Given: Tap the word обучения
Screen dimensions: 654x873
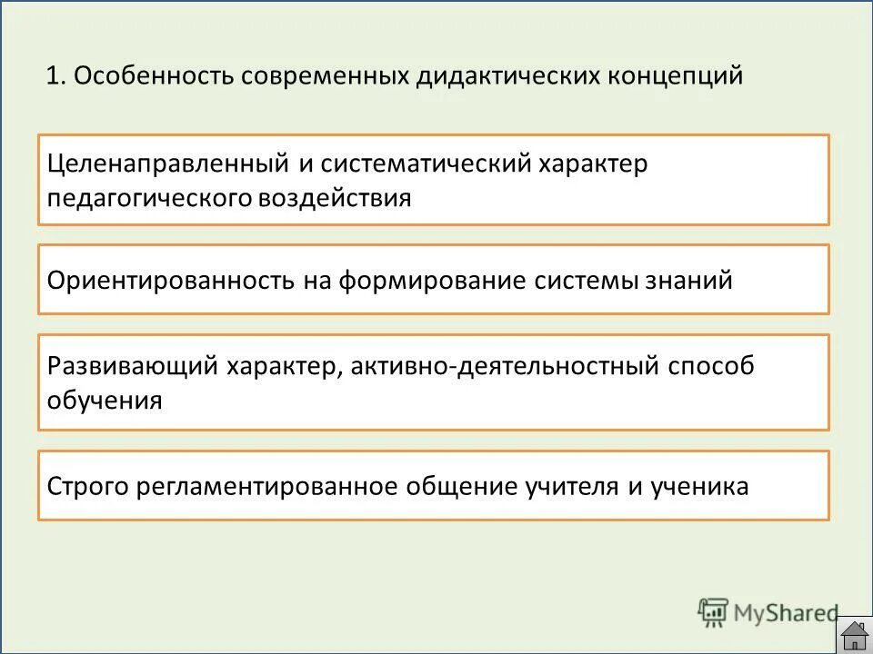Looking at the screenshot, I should (105, 400).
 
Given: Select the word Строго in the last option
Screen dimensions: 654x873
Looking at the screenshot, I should (88, 486).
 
